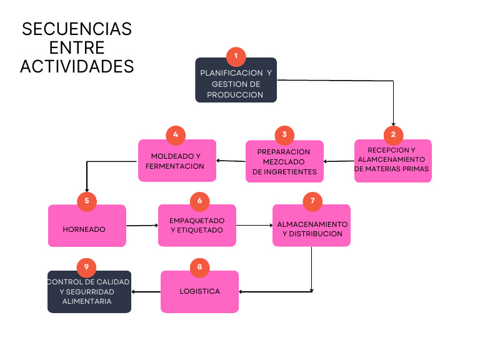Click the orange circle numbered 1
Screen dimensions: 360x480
pos(236,57)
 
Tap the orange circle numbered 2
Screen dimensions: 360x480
pos(393,134)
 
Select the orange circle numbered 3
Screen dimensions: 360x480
pos(284,134)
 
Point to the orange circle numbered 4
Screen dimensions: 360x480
pos(176,134)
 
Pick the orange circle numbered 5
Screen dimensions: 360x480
pos(87,201)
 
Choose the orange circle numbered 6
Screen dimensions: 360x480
pos(199,201)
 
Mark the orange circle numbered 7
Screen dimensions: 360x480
pos(312,201)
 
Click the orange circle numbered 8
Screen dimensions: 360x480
pos(199,267)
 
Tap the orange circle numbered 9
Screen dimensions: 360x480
pos(87,267)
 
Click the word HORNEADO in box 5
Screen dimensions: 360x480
pos(84,229)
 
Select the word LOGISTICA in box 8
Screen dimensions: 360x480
pos(199,292)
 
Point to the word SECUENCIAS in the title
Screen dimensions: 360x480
pos(77,29)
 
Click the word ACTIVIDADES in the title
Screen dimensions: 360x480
pos(77,66)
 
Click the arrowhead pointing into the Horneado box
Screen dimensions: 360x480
pos(86,190)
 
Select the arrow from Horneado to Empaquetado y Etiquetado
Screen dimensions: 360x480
pos(142,226)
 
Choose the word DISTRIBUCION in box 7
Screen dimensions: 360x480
pos(312,234)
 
